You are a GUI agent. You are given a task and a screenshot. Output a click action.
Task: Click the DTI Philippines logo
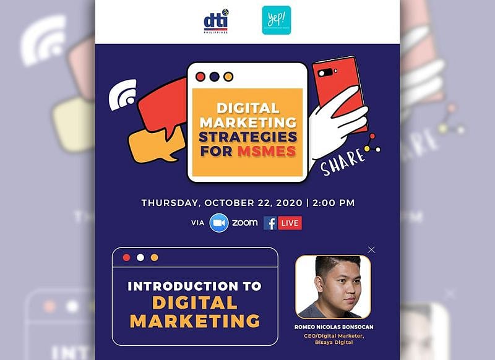[216, 22]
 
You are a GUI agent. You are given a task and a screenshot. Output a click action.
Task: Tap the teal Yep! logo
[276, 20]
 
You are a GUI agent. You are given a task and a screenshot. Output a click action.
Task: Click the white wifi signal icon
[122, 94]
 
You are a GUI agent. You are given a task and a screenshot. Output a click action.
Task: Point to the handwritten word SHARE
[343, 162]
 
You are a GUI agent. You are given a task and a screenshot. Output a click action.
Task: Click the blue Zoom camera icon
[219, 223]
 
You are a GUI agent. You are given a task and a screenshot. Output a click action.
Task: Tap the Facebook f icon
[270, 223]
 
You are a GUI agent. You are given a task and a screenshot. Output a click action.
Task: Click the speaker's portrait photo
[333, 286]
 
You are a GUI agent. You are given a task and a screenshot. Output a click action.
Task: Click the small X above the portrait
[371, 249]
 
